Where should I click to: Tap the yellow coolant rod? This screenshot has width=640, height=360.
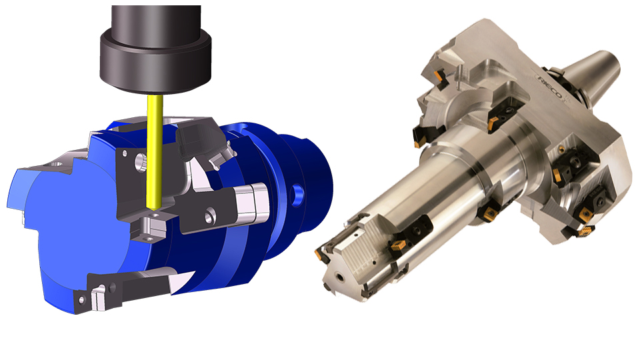155,152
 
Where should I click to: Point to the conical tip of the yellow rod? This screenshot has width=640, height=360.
153,208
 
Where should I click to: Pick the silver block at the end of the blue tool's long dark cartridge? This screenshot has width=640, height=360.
252,203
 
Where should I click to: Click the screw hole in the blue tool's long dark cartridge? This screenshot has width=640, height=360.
209,216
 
